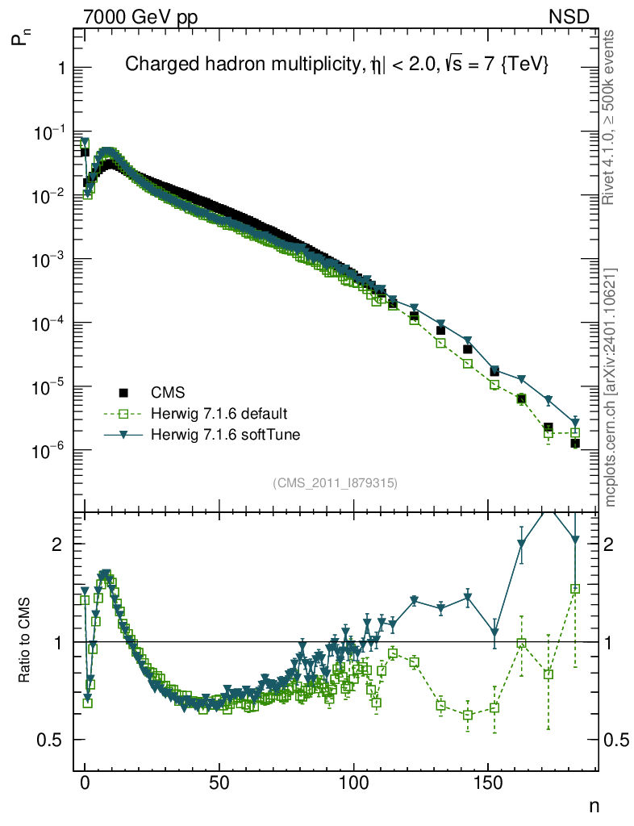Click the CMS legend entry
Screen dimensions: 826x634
169,393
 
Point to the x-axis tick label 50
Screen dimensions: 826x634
219,782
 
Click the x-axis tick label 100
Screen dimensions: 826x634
352,782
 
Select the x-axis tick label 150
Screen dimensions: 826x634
486,782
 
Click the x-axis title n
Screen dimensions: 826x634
594,805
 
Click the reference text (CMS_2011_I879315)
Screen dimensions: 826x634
336,482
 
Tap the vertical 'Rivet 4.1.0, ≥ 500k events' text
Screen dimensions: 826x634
610,117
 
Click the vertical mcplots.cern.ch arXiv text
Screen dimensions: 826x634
611,387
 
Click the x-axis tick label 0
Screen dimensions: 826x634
85,782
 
